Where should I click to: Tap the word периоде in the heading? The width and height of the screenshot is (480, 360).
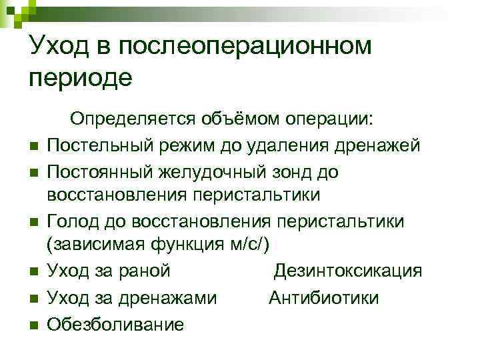click(x=81, y=78)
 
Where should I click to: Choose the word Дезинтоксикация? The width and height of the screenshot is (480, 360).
click(x=348, y=271)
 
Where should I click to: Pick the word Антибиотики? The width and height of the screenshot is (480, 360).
click(x=323, y=297)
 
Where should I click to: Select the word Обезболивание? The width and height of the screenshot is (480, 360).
click(x=115, y=323)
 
